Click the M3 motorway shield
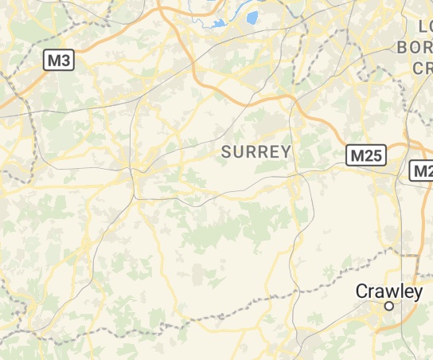tap(58, 59)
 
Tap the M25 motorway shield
tap(366, 155)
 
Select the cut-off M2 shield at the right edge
tap(421, 170)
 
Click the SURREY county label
tap(256, 151)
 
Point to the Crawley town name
tap(389, 292)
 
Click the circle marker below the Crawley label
tap(389, 306)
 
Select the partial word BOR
tap(415, 47)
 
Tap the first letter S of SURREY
tap(226, 151)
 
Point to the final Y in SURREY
tap(287, 151)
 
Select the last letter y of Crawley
tap(417, 293)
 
